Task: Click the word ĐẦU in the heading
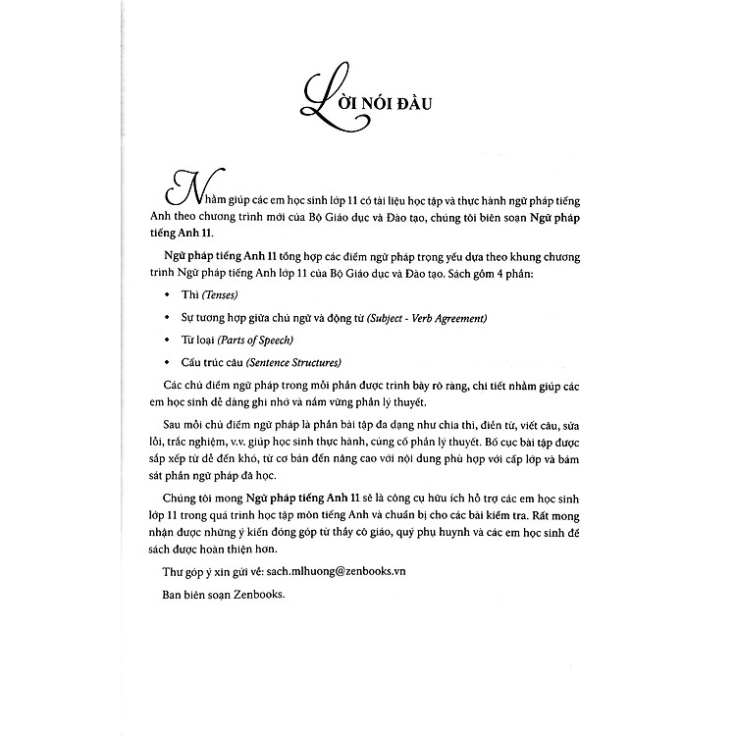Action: pos(424,100)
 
